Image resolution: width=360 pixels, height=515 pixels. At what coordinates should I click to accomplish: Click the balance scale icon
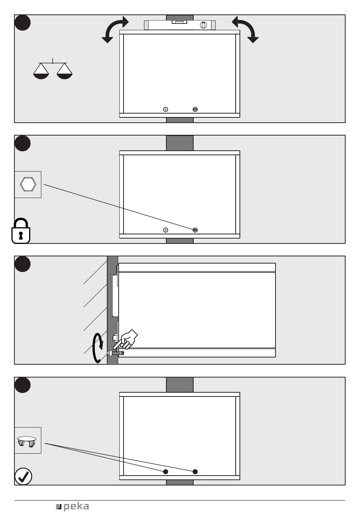pyautogui.click(x=53, y=69)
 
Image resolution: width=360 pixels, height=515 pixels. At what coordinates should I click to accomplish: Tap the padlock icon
pyautogui.click(x=21, y=231)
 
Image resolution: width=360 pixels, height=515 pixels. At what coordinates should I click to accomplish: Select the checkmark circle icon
pyautogui.click(x=23, y=476)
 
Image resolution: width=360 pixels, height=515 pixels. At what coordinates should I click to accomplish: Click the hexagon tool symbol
pyautogui.click(x=28, y=184)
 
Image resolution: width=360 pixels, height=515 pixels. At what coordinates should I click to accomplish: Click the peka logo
pyautogui.click(x=72, y=507)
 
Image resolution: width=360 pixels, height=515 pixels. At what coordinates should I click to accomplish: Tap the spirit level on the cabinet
pyautogui.click(x=180, y=25)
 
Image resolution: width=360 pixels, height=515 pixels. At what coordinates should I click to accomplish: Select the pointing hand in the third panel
pyautogui.click(x=126, y=339)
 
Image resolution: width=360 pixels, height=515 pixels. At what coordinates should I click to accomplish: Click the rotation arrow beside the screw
pyautogui.click(x=97, y=348)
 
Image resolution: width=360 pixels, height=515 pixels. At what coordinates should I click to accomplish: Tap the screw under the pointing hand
pyautogui.click(x=116, y=353)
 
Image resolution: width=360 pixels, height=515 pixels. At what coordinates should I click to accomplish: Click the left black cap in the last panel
pyautogui.click(x=165, y=471)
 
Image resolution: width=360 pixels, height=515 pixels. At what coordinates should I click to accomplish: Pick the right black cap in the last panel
pyautogui.click(x=195, y=471)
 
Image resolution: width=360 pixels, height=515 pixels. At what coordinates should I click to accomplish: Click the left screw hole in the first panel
pyautogui.click(x=165, y=109)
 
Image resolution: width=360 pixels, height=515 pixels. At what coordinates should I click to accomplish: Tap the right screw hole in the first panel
pyautogui.click(x=195, y=109)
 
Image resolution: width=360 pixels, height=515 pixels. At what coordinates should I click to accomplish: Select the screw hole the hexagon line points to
pyautogui.click(x=195, y=230)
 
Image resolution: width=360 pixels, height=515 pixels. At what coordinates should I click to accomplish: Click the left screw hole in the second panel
pyautogui.click(x=165, y=230)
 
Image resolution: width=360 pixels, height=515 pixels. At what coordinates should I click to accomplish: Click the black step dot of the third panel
pyautogui.click(x=22, y=264)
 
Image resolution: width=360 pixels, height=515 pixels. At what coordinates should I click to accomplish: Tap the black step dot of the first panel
pyautogui.click(x=22, y=23)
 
